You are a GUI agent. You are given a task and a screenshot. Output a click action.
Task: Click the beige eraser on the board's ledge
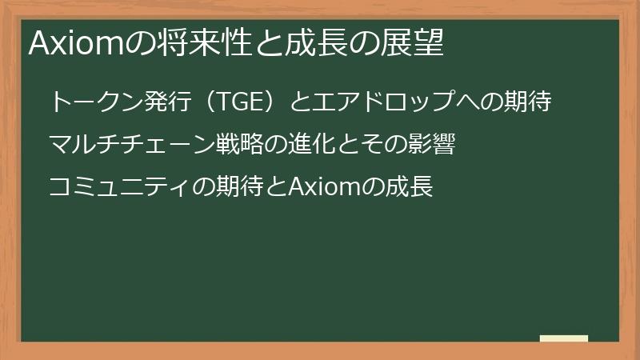563,338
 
